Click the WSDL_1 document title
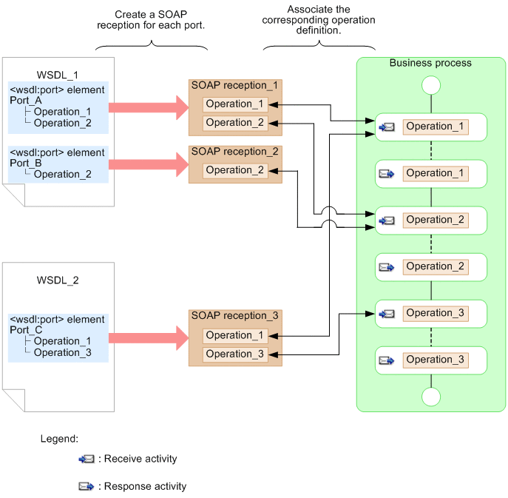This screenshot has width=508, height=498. click(x=58, y=75)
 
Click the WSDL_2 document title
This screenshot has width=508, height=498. click(x=58, y=280)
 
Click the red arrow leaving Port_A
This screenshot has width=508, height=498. click(x=148, y=107)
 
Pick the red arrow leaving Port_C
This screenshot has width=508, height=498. click(x=148, y=340)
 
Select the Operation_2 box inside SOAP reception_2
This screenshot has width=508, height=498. click(x=235, y=170)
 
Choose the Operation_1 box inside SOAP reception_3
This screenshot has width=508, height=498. click(x=235, y=335)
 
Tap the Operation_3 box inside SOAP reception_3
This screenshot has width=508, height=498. click(x=235, y=354)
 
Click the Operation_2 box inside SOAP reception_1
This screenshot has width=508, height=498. click(x=235, y=123)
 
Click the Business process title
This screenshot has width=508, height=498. click(x=430, y=63)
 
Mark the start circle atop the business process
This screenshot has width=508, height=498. click(x=430, y=86)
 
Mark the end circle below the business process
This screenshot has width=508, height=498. click(x=430, y=397)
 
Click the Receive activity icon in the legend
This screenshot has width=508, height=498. click(x=87, y=459)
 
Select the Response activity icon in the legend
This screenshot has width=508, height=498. click(x=87, y=486)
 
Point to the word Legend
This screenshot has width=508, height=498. click(x=59, y=439)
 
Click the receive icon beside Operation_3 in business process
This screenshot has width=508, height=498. click(x=387, y=314)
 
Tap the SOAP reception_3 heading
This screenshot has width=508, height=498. click(x=234, y=316)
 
